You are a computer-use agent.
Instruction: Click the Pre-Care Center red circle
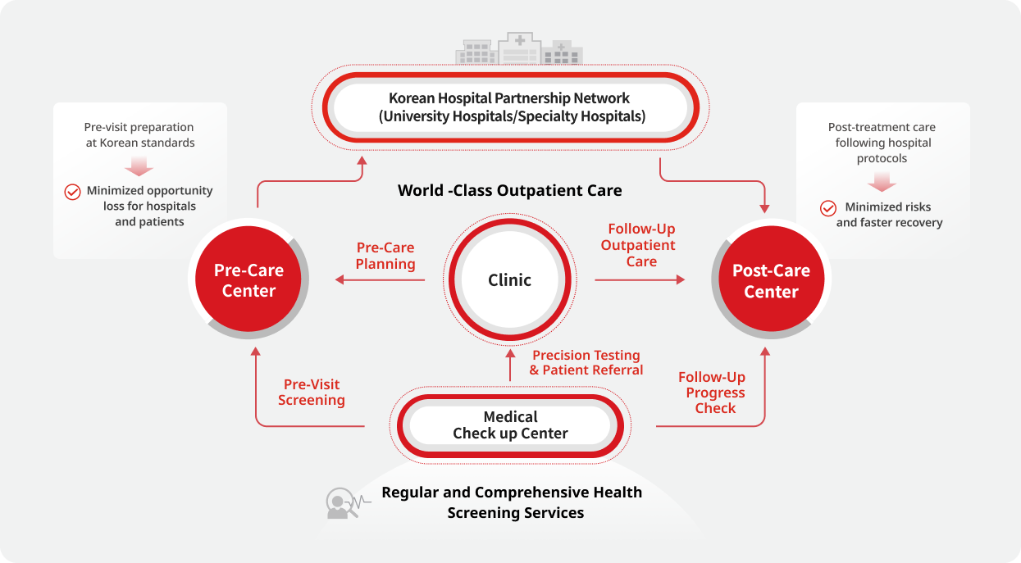[248, 280]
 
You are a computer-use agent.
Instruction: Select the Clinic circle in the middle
[509, 280]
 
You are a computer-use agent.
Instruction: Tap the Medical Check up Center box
[510, 425]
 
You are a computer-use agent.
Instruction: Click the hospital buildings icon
[519, 49]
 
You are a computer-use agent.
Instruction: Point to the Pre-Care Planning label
[385, 256]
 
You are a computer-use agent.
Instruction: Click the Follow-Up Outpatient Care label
[640, 245]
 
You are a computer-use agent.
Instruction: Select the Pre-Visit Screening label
[312, 392]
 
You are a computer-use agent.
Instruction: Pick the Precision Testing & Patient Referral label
[586, 362]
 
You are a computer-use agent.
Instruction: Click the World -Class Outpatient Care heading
[509, 191]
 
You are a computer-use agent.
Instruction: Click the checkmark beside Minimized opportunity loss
[72, 192]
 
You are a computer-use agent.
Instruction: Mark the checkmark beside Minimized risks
[828, 208]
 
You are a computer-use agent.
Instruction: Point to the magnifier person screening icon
[340, 503]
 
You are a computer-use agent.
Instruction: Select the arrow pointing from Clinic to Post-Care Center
[640, 280]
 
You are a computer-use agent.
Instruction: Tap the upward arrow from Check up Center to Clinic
[510, 365]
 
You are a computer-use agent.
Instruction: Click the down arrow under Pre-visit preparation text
[139, 166]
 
